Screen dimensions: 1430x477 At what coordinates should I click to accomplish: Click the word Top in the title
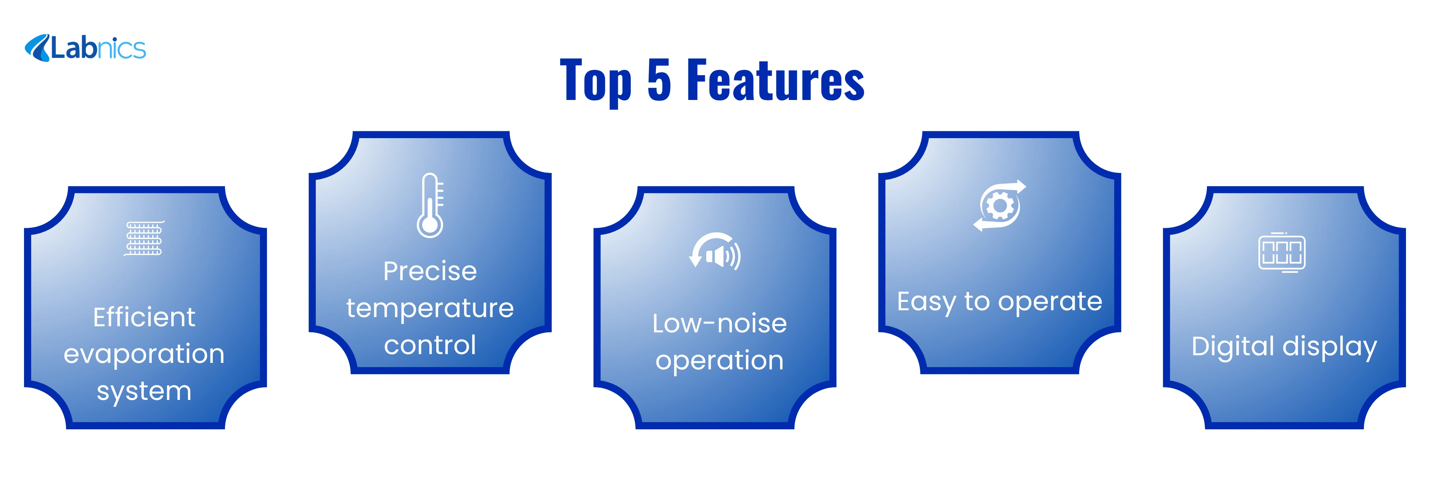click(x=596, y=82)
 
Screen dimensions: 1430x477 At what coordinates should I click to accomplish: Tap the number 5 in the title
click(x=659, y=80)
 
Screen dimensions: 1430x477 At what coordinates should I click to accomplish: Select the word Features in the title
click(x=776, y=80)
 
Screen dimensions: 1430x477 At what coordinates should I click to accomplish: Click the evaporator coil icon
click(x=144, y=238)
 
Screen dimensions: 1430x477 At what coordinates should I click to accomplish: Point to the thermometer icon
click(x=430, y=205)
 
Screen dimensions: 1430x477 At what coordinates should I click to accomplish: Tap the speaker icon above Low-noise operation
click(x=715, y=251)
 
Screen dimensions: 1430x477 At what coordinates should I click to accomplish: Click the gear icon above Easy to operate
click(x=999, y=205)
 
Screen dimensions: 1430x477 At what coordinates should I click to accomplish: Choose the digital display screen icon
click(x=1282, y=253)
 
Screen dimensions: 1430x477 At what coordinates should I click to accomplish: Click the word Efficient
click(x=144, y=317)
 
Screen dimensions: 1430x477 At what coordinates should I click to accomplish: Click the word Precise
click(x=430, y=271)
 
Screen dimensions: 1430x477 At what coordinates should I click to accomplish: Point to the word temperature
click(x=430, y=308)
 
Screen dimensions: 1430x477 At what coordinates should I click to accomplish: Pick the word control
click(x=430, y=345)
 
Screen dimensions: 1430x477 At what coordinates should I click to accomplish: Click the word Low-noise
click(x=720, y=323)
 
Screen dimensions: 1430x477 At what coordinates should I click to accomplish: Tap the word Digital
click(x=1232, y=346)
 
